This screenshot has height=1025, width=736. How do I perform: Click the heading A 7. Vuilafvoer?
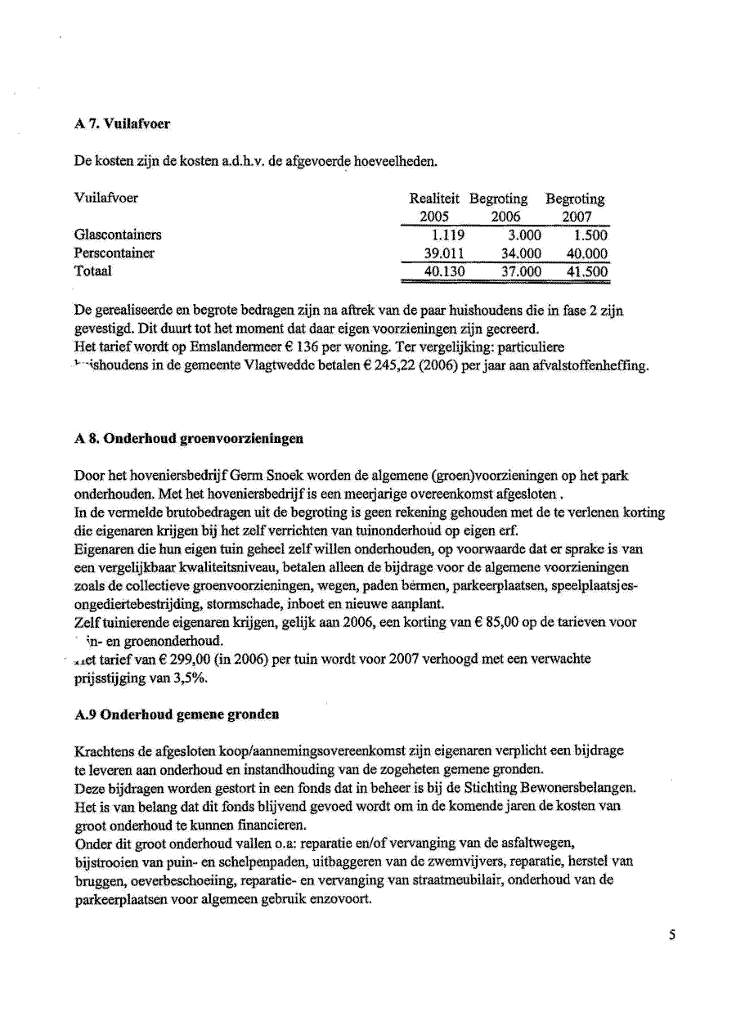tap(122, 124)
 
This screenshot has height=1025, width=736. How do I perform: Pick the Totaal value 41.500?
tap(587, 271)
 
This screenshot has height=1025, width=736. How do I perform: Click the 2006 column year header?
tap(505, 217)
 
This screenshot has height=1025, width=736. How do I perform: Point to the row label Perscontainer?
tap(114, 253)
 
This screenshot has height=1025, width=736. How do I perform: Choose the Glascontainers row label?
tap(118, 235)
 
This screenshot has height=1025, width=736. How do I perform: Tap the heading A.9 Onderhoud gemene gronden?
tap(177, 714)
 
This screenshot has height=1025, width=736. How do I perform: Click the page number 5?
tap(671, 935)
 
